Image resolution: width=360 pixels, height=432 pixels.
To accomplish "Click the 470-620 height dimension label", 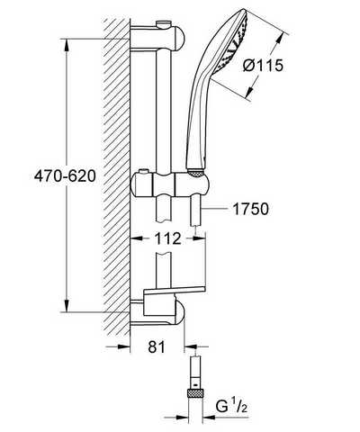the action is [65, 176].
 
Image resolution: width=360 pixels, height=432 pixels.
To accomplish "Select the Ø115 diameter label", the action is [263, 66].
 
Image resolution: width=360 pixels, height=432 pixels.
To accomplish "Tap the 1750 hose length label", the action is [251, 209].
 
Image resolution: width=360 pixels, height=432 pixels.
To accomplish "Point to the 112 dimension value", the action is [167, 238].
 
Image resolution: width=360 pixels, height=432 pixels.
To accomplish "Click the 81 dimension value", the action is [157, 347].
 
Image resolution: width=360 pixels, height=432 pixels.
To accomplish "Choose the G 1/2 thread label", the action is [231, 407].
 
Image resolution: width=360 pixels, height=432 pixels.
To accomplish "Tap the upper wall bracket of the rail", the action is [157, 38].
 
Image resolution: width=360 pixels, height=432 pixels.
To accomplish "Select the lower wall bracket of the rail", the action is [157, 312].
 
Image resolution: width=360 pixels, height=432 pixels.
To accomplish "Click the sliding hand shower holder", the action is [170, 184].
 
